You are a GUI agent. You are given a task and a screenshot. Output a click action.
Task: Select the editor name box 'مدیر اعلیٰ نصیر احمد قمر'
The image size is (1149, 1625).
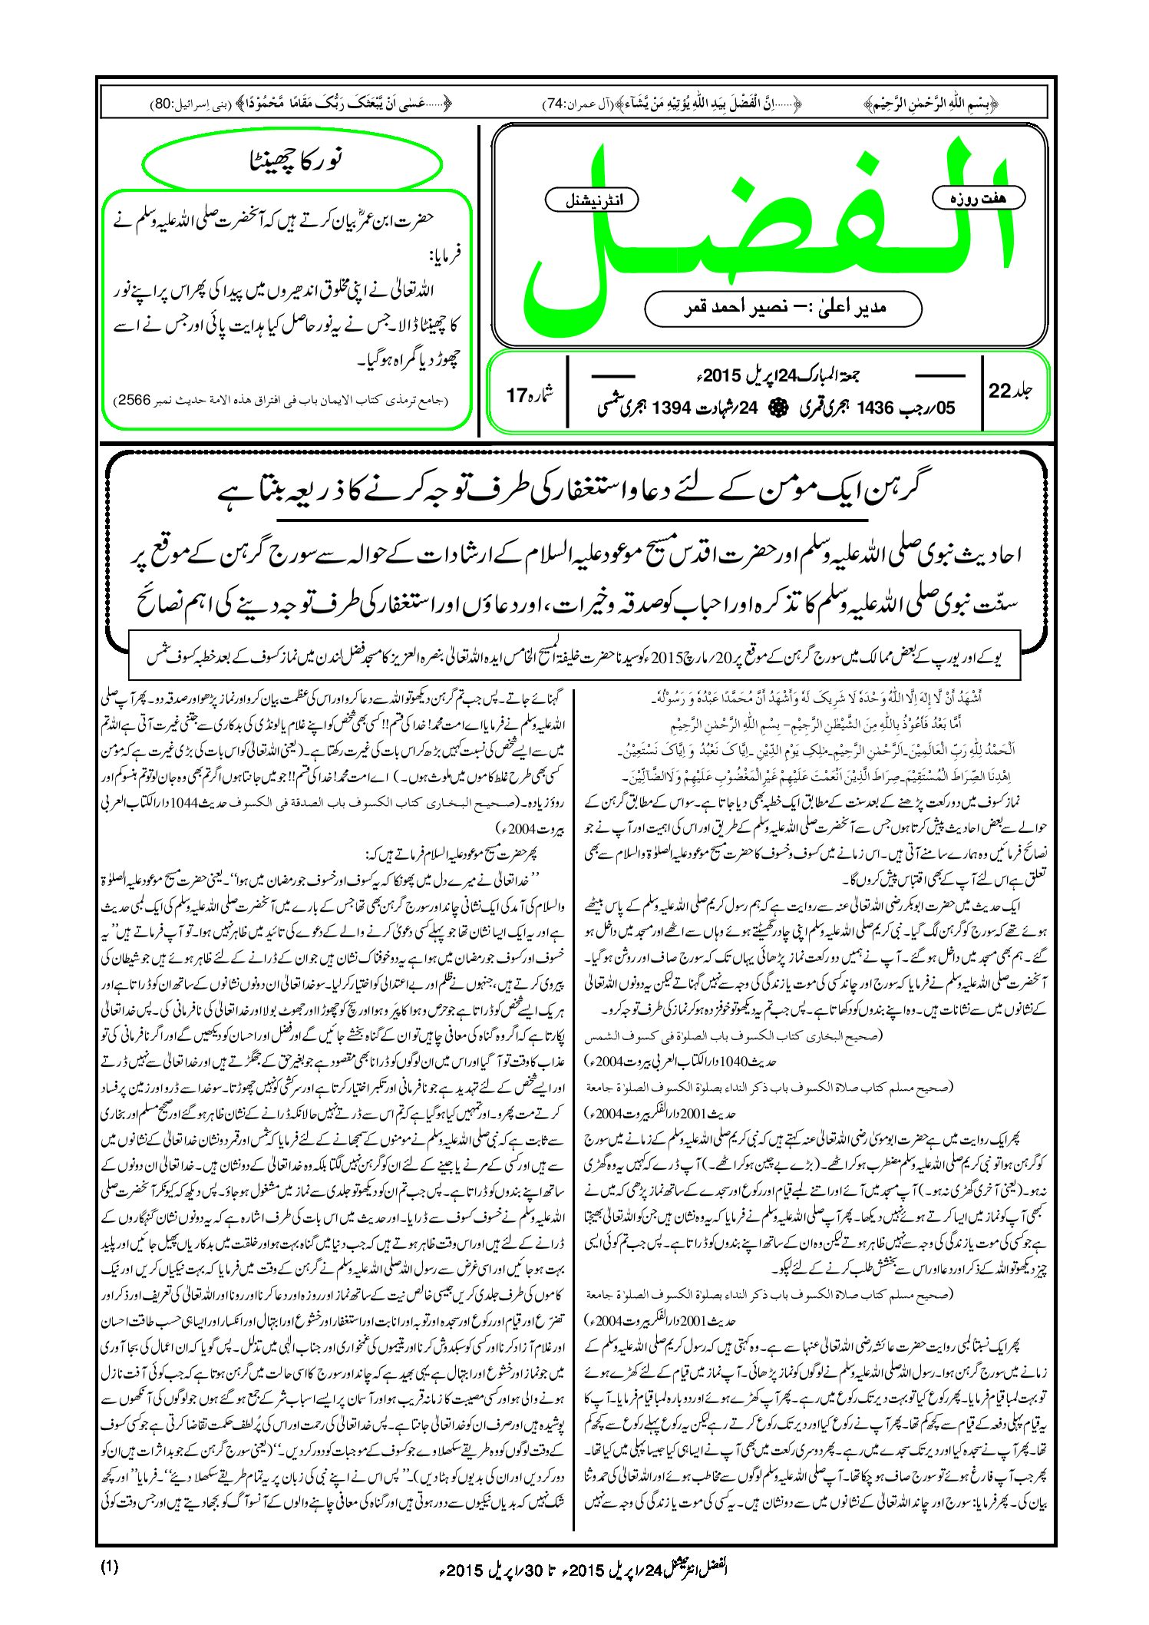783,308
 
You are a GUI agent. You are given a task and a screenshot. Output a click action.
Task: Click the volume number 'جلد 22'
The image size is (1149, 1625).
1010,391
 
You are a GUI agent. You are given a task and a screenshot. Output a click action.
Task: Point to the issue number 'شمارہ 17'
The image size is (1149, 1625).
530,395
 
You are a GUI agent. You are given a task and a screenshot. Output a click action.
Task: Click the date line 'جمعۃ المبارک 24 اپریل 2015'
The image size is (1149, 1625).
775,376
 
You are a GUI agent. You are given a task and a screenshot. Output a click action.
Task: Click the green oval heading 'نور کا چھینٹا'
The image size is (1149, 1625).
292,161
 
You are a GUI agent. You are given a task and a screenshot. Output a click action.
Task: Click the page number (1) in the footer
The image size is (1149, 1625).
109,1566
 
